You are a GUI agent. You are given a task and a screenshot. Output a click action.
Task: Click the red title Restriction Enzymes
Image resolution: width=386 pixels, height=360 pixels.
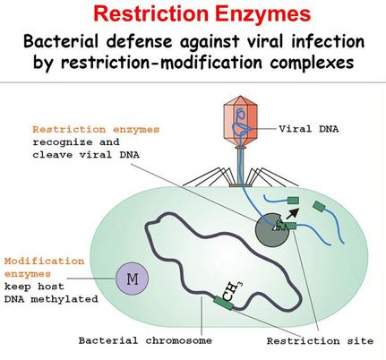202,13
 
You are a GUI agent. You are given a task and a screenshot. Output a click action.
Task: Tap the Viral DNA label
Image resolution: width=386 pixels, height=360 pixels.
309,129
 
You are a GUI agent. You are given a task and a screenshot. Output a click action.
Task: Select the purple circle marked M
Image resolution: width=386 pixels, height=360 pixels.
132,279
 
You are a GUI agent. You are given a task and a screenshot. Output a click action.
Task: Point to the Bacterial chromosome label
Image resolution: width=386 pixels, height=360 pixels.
145,340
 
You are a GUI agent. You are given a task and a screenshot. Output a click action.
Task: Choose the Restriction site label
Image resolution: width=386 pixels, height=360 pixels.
320,341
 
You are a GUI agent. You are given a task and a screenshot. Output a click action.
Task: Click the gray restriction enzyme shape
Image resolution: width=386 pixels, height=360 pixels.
271,230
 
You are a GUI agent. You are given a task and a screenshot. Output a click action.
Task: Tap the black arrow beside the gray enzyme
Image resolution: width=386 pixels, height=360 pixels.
294,213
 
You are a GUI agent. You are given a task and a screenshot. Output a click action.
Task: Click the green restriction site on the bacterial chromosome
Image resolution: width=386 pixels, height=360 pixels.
224,303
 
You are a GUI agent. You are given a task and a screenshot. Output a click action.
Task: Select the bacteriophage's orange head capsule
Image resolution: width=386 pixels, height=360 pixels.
240,120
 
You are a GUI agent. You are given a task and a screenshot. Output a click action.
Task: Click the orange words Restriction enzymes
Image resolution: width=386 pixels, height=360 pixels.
96,130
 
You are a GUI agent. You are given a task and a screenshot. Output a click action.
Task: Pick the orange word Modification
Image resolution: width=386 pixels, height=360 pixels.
44,261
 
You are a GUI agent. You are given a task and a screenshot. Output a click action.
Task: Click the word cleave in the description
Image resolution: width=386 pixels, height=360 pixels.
53,155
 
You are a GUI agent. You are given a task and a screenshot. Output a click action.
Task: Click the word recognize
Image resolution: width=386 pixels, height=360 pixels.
63,142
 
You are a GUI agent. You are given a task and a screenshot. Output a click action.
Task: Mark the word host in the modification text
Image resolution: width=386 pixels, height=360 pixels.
51,287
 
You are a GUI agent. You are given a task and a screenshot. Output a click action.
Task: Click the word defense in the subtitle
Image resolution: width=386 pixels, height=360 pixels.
140,41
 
